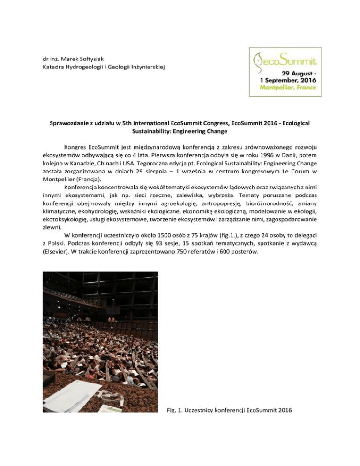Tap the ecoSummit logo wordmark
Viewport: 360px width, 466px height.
click(x=285, y=60)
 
